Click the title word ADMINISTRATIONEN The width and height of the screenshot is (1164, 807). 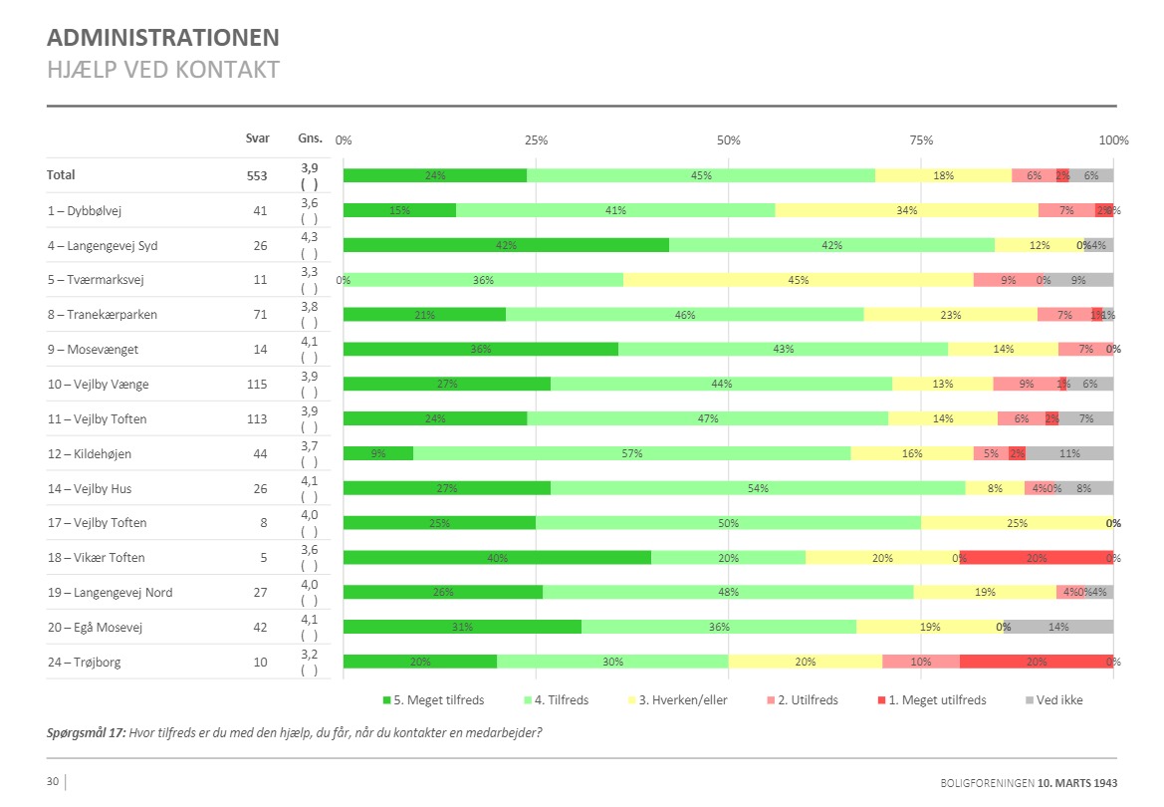[163, 38]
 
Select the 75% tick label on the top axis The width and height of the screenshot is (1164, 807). [921, 139]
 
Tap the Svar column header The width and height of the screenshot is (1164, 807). [257, 138]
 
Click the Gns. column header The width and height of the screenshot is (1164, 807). [309, 138]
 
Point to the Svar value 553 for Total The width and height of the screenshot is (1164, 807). [257, 175]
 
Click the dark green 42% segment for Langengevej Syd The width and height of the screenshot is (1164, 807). [506, 245]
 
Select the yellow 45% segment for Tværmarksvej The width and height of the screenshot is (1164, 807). [798, 280]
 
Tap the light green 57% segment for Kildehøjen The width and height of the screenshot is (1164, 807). [632, 453]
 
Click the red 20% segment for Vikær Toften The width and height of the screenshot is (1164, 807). [1037, 558]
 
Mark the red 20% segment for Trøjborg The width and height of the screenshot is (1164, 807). [1037, 662]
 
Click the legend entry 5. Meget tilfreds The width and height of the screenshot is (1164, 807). [433, 700]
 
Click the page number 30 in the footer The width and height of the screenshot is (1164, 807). [53, 781]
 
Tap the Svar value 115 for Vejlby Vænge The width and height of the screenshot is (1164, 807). [257, 385]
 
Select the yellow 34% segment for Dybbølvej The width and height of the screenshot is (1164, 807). [906, 210]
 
